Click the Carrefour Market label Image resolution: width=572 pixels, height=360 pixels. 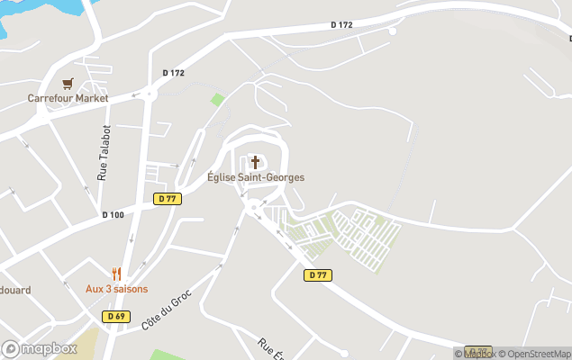(x=68, y=98)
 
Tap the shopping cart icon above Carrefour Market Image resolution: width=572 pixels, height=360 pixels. (x=68, y=84)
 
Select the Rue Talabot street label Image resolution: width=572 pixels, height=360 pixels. (x=105, y=152)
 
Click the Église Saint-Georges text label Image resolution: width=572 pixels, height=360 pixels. (x=256, y=177)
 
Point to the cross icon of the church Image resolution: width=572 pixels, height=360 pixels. (x=255, y=162)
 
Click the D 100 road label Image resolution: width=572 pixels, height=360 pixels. (x=113, y=214)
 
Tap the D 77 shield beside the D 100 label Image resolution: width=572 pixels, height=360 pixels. (x=168, y=199)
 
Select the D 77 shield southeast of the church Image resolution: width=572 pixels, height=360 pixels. (x=317, y=275)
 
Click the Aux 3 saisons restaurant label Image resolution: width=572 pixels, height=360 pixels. (x=116, y=289)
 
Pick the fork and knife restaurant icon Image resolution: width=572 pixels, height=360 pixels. (x=116, y=274)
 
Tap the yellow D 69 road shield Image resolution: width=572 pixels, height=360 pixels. (x=116, y=316)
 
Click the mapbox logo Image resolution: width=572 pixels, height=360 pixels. (x=40, y=348)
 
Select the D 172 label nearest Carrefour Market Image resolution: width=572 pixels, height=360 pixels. (x=173, y=73)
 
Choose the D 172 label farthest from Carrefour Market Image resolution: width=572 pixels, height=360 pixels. (x=341, y=24)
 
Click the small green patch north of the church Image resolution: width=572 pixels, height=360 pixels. (x=217, y=99)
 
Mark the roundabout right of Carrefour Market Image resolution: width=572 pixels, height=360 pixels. (x=150, y=92)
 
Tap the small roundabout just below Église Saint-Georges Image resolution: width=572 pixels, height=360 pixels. (x=254, y=206)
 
